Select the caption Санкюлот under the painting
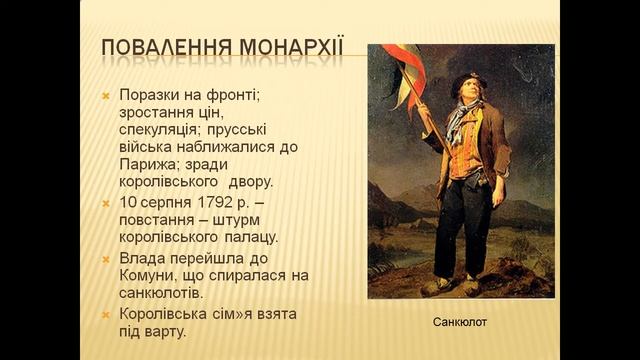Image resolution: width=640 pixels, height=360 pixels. [460, 324]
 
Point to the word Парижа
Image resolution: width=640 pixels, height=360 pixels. [147, 165]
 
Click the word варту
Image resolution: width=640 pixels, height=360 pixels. [164, 332]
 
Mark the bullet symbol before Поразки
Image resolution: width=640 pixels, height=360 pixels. [107, 94]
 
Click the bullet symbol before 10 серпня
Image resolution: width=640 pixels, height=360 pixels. [107, 204]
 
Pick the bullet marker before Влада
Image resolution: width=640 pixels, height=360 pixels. [107, 258]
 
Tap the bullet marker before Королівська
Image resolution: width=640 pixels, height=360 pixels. [107, 314]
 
